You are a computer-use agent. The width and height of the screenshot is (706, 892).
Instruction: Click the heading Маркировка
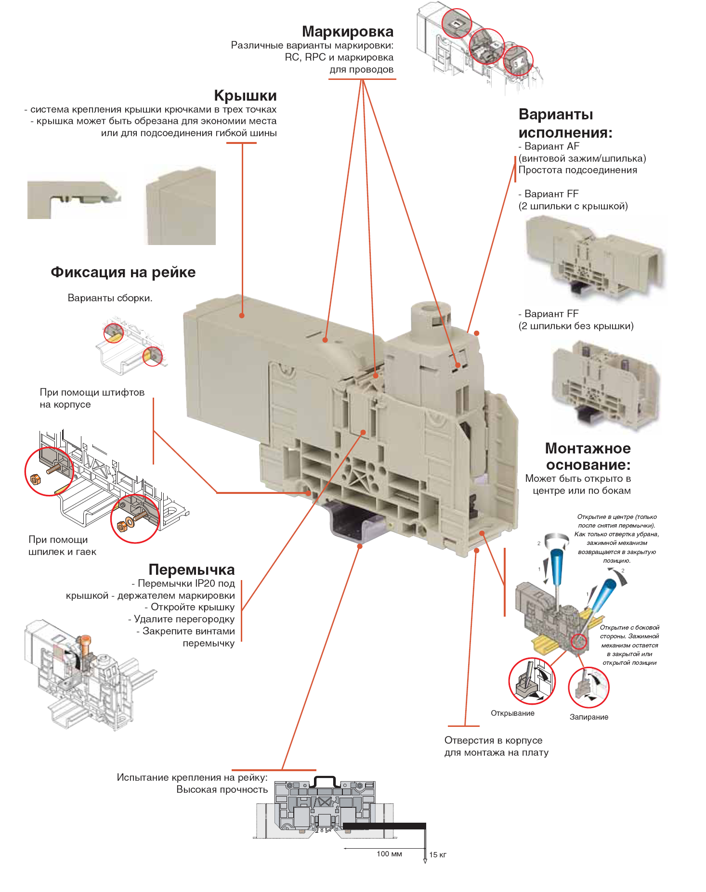click(x=347, y=32)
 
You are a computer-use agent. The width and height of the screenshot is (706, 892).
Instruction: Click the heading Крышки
click(x=245, y=96)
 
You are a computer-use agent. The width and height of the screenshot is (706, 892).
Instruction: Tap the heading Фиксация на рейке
click(x=123, y=272)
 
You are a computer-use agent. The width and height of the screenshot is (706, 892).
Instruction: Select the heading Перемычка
click(x=191, y=569)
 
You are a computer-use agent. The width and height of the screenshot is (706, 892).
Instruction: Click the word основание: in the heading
click(x=588, y=465)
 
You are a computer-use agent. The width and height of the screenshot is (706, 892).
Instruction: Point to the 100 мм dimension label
click(x=389, y=854)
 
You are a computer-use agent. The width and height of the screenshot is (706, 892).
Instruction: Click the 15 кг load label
click(x=438, y=855)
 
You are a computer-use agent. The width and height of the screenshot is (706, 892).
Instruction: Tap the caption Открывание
click(x=512, y=713)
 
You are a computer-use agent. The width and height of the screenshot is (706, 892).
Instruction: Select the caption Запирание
click(x=588, y=717)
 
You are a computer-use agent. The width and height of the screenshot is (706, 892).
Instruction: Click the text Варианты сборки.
click(x=110, y=298)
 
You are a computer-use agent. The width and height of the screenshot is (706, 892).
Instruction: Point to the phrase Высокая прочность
click(x=222, y=789)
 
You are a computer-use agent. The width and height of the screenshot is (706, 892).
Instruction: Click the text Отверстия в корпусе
click(x=493, y=740)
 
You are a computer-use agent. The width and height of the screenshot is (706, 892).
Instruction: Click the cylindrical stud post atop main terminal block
click(x=430, y=317)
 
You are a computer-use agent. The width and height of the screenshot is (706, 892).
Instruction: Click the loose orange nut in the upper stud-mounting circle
click(x=35, y=479)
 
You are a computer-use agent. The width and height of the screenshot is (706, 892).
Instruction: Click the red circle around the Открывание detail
click(x=532, y=681)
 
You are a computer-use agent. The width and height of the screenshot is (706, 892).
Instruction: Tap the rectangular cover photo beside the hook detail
click(x=181, y=206)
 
